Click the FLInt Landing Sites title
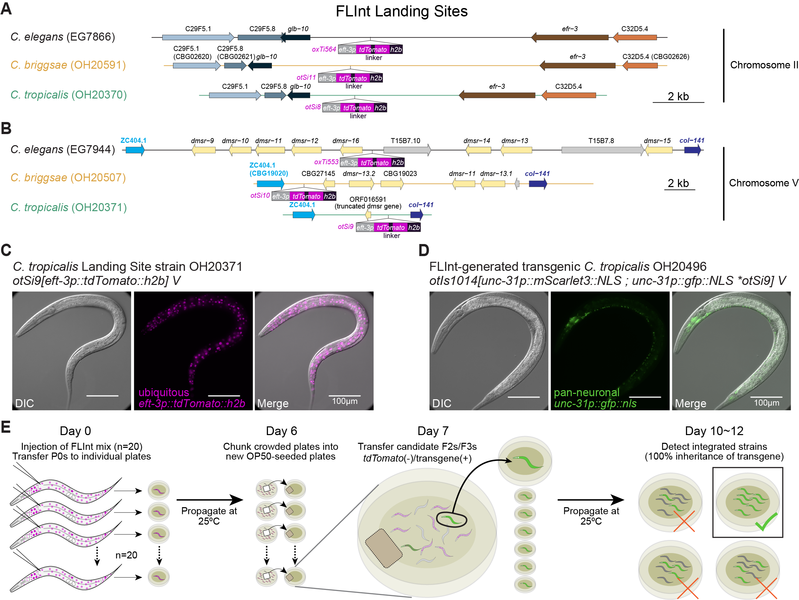(401, 11)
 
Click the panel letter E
(6, 427)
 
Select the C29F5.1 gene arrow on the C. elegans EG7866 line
(198, 37)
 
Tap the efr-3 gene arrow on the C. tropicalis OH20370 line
(497, 95)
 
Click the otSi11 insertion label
(306, 78)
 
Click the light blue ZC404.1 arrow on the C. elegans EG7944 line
(135, 150)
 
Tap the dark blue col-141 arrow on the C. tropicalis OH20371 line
(416, 215)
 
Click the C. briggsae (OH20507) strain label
(68, 178)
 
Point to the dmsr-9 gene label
(202, 141)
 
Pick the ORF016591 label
(368, 199)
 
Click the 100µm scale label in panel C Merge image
(345, 402)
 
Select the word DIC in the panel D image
(442, 403)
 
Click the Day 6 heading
(281, 431)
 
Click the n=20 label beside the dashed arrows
(126, 555)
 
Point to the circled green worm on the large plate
(452, 520)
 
